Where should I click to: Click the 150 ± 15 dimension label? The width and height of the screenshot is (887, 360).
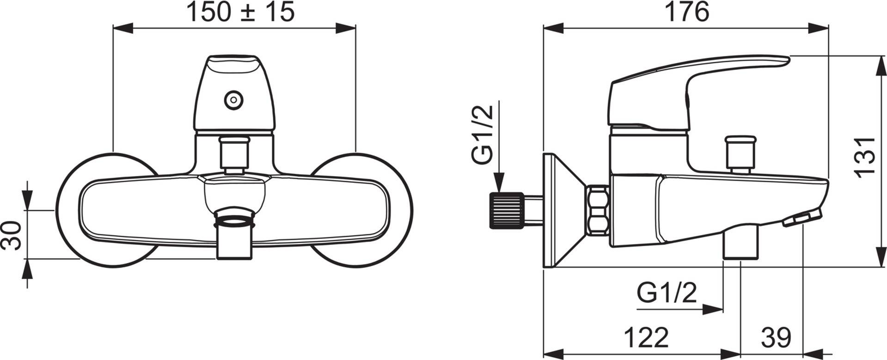click(x=240, y=12)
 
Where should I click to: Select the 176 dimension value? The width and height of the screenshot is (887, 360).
click(x=686, y=12)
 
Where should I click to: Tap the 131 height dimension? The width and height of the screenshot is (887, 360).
click(x=864, y=157)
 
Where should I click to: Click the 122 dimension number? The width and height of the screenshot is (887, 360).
click(x=646, y=338)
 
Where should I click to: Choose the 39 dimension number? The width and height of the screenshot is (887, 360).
click(x=776, y=338)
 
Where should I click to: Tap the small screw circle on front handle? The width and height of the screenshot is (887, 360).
click(x=232, y=100)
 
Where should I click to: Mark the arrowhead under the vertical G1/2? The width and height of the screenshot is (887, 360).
click(x=500, y=183)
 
